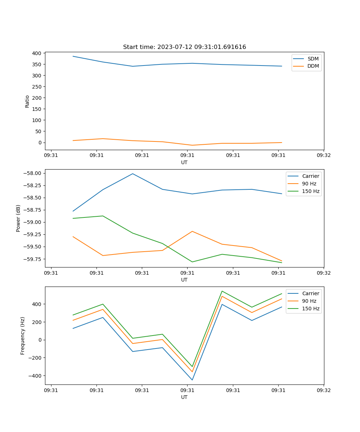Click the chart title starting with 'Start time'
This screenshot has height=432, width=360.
(x=184, y=47)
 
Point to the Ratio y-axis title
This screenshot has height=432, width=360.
(x=27, y=101)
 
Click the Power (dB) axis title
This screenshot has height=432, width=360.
(x=18, y=218)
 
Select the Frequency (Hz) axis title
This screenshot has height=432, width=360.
(x=23, y=336)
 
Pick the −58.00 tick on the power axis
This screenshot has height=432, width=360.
(x=33, y=173)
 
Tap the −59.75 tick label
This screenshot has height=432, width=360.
(x=33, y=259)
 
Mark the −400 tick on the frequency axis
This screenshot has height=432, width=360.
(x=35, y=375)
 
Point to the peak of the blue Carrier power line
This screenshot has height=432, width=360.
(x=132, y=174)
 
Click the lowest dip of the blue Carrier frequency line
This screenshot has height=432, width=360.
(x=192, y=380)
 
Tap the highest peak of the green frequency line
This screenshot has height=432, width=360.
(x=222, y=291)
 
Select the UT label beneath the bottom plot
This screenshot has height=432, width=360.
(x=184, y=397)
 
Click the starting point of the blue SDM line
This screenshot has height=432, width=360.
(x=73, y=56)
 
